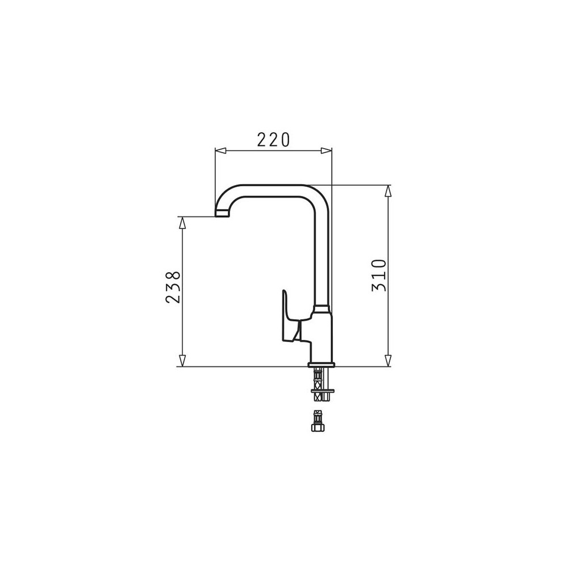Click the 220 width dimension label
pyautogui.click(x=274, y=140)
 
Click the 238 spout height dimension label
pyautogui.click(x=173, y=287)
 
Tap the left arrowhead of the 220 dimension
pyautogui.click(x=220, y=151)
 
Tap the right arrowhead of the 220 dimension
pyautogui.click(x=326, y=151)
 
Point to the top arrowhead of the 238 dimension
pyautogui.click(x=182, y=223)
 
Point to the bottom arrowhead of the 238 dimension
pyautogui.click(x=182, y=361)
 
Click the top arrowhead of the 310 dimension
pyautogui.click(x=388, y=191)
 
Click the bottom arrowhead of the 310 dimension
pyautogui.click(x=388, y=361)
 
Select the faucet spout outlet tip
pyautogui.click(x=222, y=214)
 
